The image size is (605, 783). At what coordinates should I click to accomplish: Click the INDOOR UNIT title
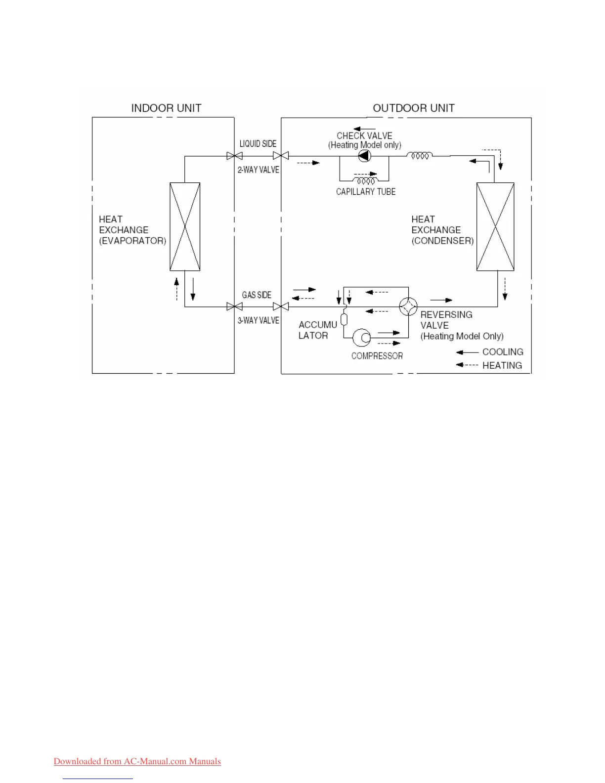pos(166,108)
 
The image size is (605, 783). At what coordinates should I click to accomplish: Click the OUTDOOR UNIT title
pos(413,108)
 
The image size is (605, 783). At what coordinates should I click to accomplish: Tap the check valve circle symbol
pos(364,156)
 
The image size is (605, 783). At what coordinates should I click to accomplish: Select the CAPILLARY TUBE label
pos(366,192)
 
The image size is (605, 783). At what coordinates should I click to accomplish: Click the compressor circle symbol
pos(362,338)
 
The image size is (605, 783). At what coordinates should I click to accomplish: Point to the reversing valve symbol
pos(408,307)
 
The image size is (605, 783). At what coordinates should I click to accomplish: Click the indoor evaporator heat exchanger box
pos(185,226)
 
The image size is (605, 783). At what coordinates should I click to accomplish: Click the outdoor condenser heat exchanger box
pos(495,226)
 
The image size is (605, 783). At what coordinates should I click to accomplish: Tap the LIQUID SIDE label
pos(258,144)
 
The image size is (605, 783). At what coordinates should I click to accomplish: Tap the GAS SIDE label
pos(257,295)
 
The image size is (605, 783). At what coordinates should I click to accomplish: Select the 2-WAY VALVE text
pos(258,170)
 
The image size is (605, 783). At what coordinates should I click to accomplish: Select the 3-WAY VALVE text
pos(258,321)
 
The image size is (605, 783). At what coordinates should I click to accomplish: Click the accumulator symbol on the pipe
pos(344,319)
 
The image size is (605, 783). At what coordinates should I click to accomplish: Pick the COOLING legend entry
pos(502,352)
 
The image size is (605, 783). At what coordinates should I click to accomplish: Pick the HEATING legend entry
pos(502,366)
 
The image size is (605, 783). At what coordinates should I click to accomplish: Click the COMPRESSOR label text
pos(377,356)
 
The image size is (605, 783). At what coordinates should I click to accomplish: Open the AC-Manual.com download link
pos(137,761)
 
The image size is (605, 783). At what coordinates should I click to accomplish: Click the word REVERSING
pos(446,315)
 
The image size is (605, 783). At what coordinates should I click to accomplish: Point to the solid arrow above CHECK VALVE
pos(364,129)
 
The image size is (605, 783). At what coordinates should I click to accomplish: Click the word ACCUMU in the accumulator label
pos(318,325)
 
